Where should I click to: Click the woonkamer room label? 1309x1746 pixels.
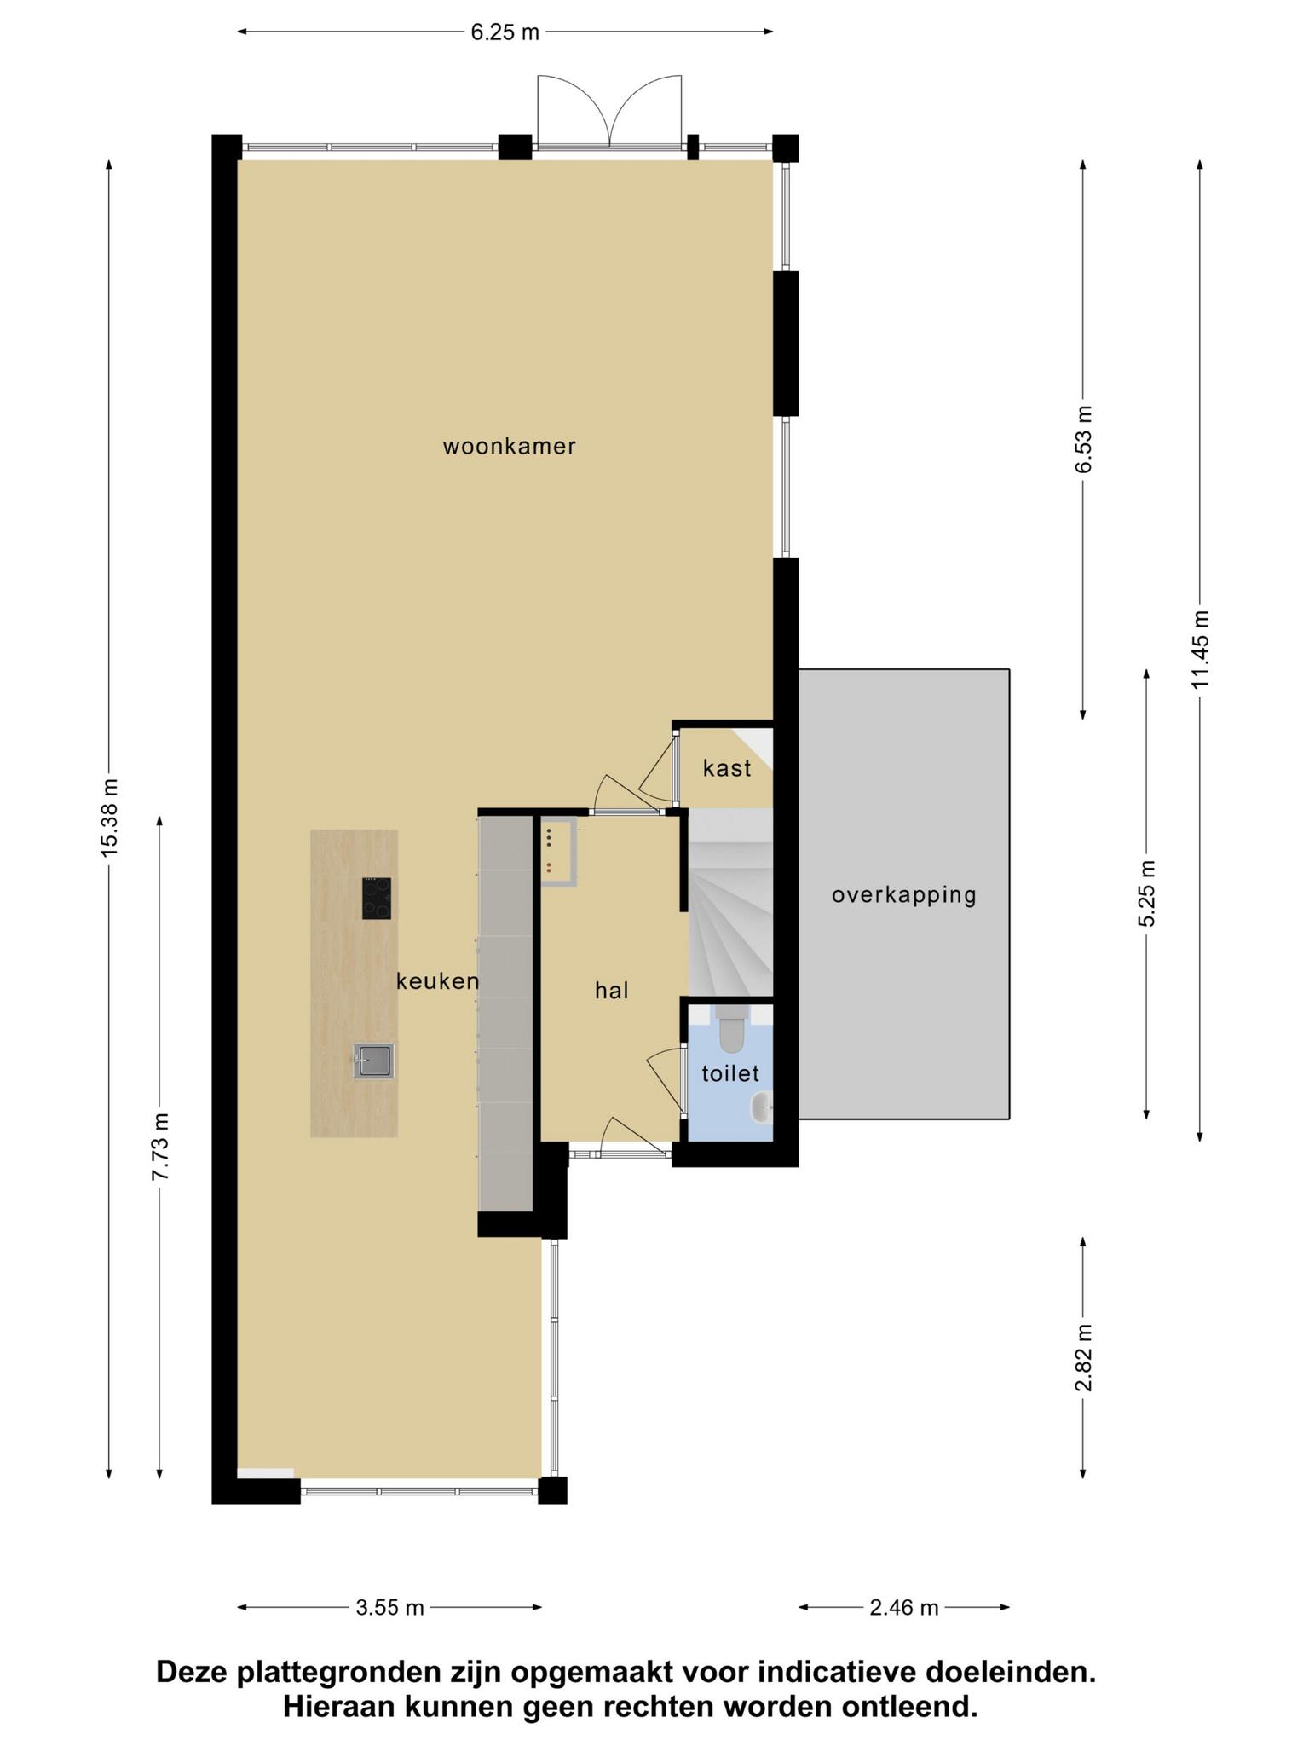509,446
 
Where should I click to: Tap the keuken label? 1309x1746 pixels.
437,981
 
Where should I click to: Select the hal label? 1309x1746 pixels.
612,990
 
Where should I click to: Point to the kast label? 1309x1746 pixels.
727,768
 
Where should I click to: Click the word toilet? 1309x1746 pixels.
730,1073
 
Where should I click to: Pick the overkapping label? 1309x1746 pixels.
904,895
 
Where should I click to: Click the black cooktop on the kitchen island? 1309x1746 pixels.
377,898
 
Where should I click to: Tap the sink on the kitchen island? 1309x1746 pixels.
374,1061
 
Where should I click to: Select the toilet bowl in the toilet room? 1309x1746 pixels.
732,1028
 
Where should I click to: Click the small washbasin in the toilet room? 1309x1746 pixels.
761,1107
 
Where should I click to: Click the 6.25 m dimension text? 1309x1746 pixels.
505,32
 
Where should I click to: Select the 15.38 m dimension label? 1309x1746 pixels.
109,818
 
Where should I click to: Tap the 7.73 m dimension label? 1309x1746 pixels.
160,1147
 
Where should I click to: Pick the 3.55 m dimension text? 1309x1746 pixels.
389,1608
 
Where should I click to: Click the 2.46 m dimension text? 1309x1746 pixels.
904,1608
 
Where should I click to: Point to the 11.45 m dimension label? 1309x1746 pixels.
1200,650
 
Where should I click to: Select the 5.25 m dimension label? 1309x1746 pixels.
1147,893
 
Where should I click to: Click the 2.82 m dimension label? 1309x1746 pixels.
1083,1358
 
